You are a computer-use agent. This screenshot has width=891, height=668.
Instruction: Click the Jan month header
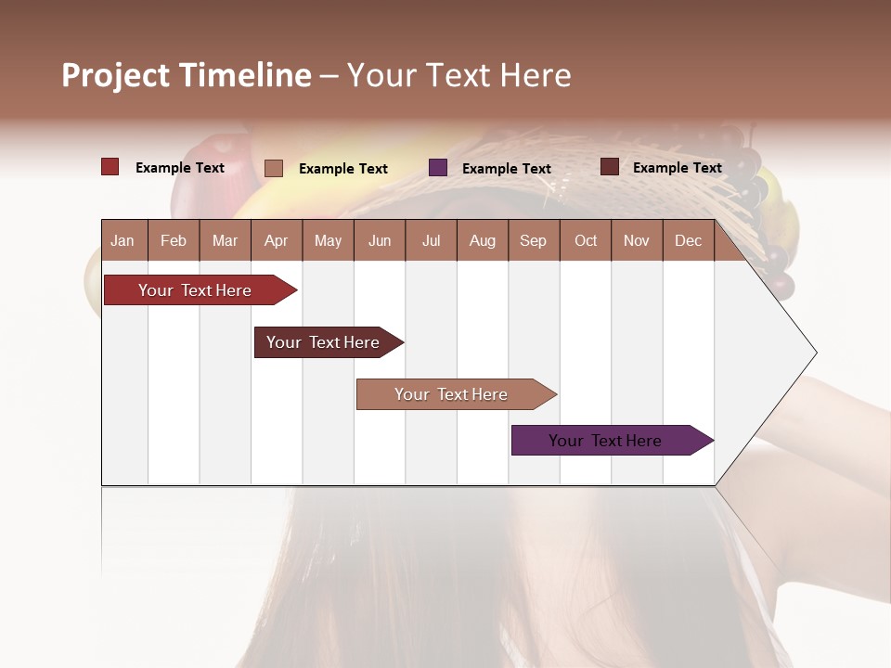[x=123, y=240]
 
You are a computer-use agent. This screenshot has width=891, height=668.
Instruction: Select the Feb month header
[x=174, y=240]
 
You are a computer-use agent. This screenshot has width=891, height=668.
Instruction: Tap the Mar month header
[x=225, y=240]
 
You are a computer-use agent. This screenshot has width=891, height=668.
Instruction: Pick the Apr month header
[x=277, y=240]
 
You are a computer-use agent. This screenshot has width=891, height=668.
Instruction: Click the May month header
[x=328, y=240]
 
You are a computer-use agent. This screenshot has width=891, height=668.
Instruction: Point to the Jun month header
[x=380, y=240]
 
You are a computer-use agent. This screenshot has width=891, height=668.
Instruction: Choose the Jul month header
[x=431, y=240]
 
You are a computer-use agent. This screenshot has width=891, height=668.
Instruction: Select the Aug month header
[x=483, y=240]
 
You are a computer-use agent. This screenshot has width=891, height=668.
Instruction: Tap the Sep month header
[x=534, y=240]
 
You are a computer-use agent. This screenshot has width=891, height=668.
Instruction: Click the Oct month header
[x=586, y=240]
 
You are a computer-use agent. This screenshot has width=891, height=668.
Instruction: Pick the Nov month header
[x=637, y=240]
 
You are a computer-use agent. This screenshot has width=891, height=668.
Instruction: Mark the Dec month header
[x=689, y=240]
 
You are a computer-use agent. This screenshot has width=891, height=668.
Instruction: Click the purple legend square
[x=438, y=168]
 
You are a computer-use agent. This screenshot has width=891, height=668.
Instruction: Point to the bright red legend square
[x=110, y=167]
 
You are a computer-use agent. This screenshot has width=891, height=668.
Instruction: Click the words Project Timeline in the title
[x=187, y=75]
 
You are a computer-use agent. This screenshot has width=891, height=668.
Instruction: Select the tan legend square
[x=274, y=168]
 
